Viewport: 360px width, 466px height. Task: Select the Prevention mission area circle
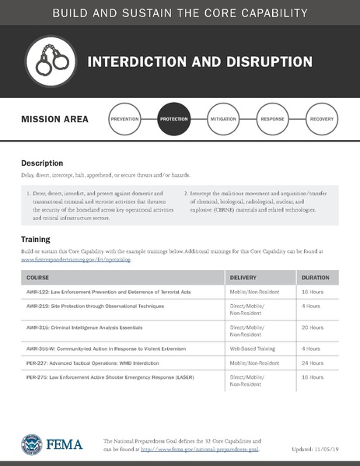click(124, 120)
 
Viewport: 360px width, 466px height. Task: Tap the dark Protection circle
click(174, 120)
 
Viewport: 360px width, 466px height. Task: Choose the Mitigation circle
click(224, 120)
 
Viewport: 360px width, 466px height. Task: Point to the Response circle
click(273, 120)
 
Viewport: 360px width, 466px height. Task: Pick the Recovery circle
click(322, 120)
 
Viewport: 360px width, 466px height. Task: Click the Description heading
click(42, 163)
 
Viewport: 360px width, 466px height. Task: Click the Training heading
click(36, 240)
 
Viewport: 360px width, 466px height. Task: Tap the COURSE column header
click(38, 277)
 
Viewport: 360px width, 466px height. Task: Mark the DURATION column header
click(315, 277)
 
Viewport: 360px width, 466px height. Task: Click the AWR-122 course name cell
click(103, 292)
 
